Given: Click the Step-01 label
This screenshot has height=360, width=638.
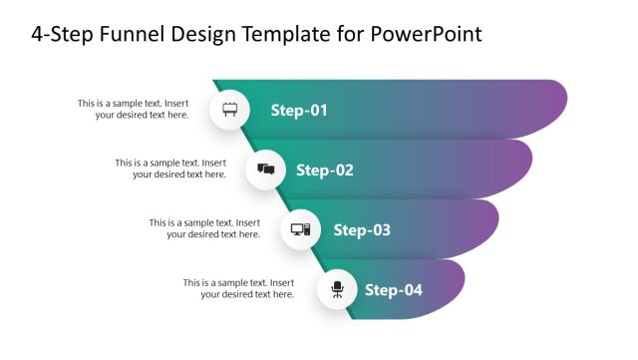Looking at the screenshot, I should click(x=299, y=111).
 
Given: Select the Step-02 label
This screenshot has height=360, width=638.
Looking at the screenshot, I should click(x=325, y=171).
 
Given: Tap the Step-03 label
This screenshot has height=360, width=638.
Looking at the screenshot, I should click(x=362, y=230).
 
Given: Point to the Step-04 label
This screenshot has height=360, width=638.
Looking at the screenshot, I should click(x=394, y=290).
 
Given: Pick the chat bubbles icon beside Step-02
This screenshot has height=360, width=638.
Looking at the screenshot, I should click(x=265, y=170).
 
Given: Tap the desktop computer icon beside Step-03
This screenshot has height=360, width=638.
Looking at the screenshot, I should click(x=300, y=229).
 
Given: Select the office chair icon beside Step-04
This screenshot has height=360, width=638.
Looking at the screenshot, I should click(x=337, y=289).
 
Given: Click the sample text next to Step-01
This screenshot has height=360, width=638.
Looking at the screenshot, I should click(x=133, y=109).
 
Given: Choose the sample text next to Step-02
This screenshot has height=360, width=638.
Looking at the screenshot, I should click(x=169, y=169).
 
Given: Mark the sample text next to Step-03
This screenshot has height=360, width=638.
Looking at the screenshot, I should click(x=204, y=228).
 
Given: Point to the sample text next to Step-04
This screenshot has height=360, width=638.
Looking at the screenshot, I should click(x=238, y=288).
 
